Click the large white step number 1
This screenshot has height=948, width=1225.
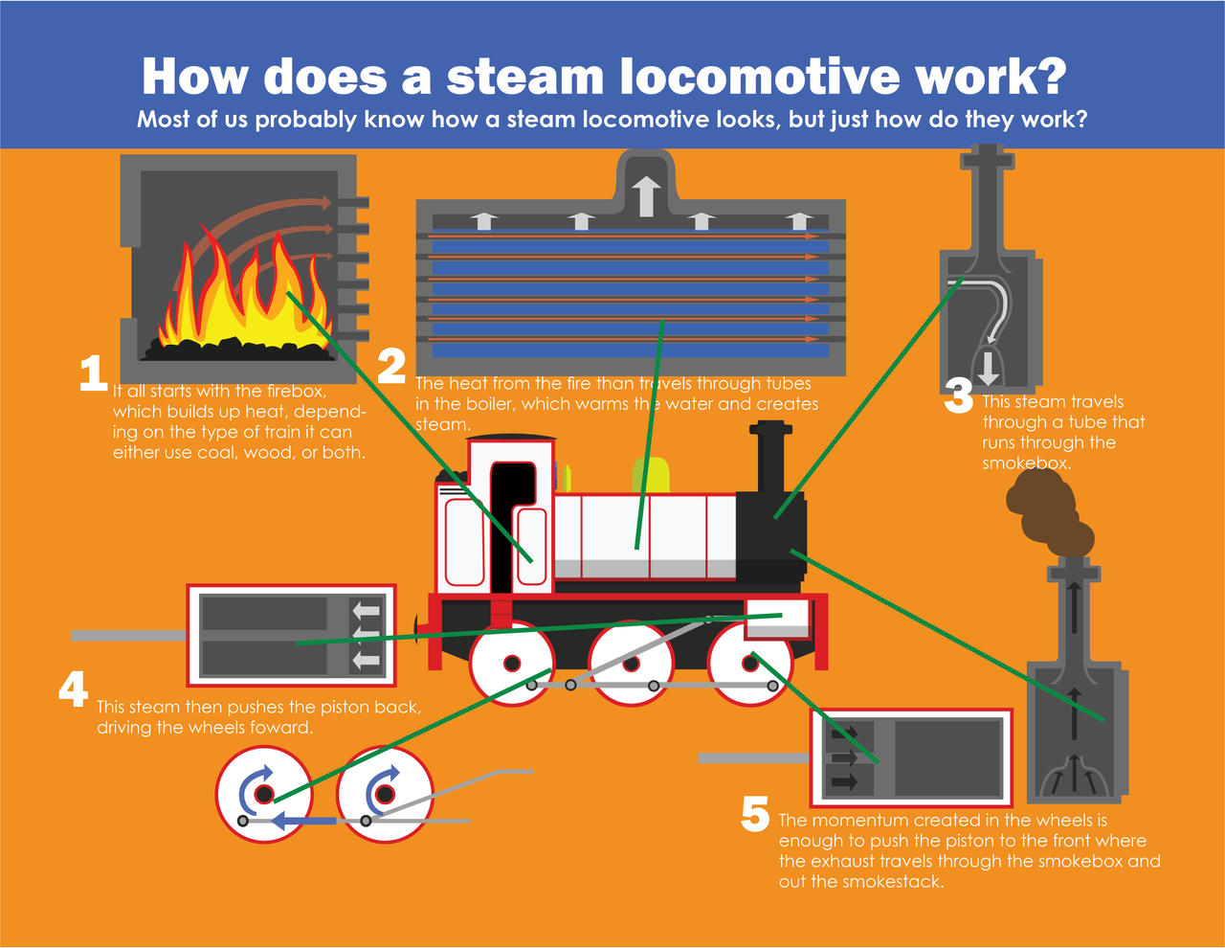coord(93,373)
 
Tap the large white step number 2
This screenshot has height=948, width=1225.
coord(391,367)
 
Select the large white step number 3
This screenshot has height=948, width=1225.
coord(958,396)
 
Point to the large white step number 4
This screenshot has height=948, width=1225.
coord(74,688)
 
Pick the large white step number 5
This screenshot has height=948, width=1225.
coord(755,815)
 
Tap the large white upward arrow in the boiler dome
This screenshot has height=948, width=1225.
coord(647,195)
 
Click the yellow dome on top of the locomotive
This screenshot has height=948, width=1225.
coord(651,476)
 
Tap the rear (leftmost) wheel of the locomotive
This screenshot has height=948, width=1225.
coord(512,663)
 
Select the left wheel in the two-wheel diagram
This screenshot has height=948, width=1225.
coord(263,793)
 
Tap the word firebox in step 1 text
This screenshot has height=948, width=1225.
coord(293,391)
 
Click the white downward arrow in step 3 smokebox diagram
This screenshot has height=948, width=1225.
coord(988,368)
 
